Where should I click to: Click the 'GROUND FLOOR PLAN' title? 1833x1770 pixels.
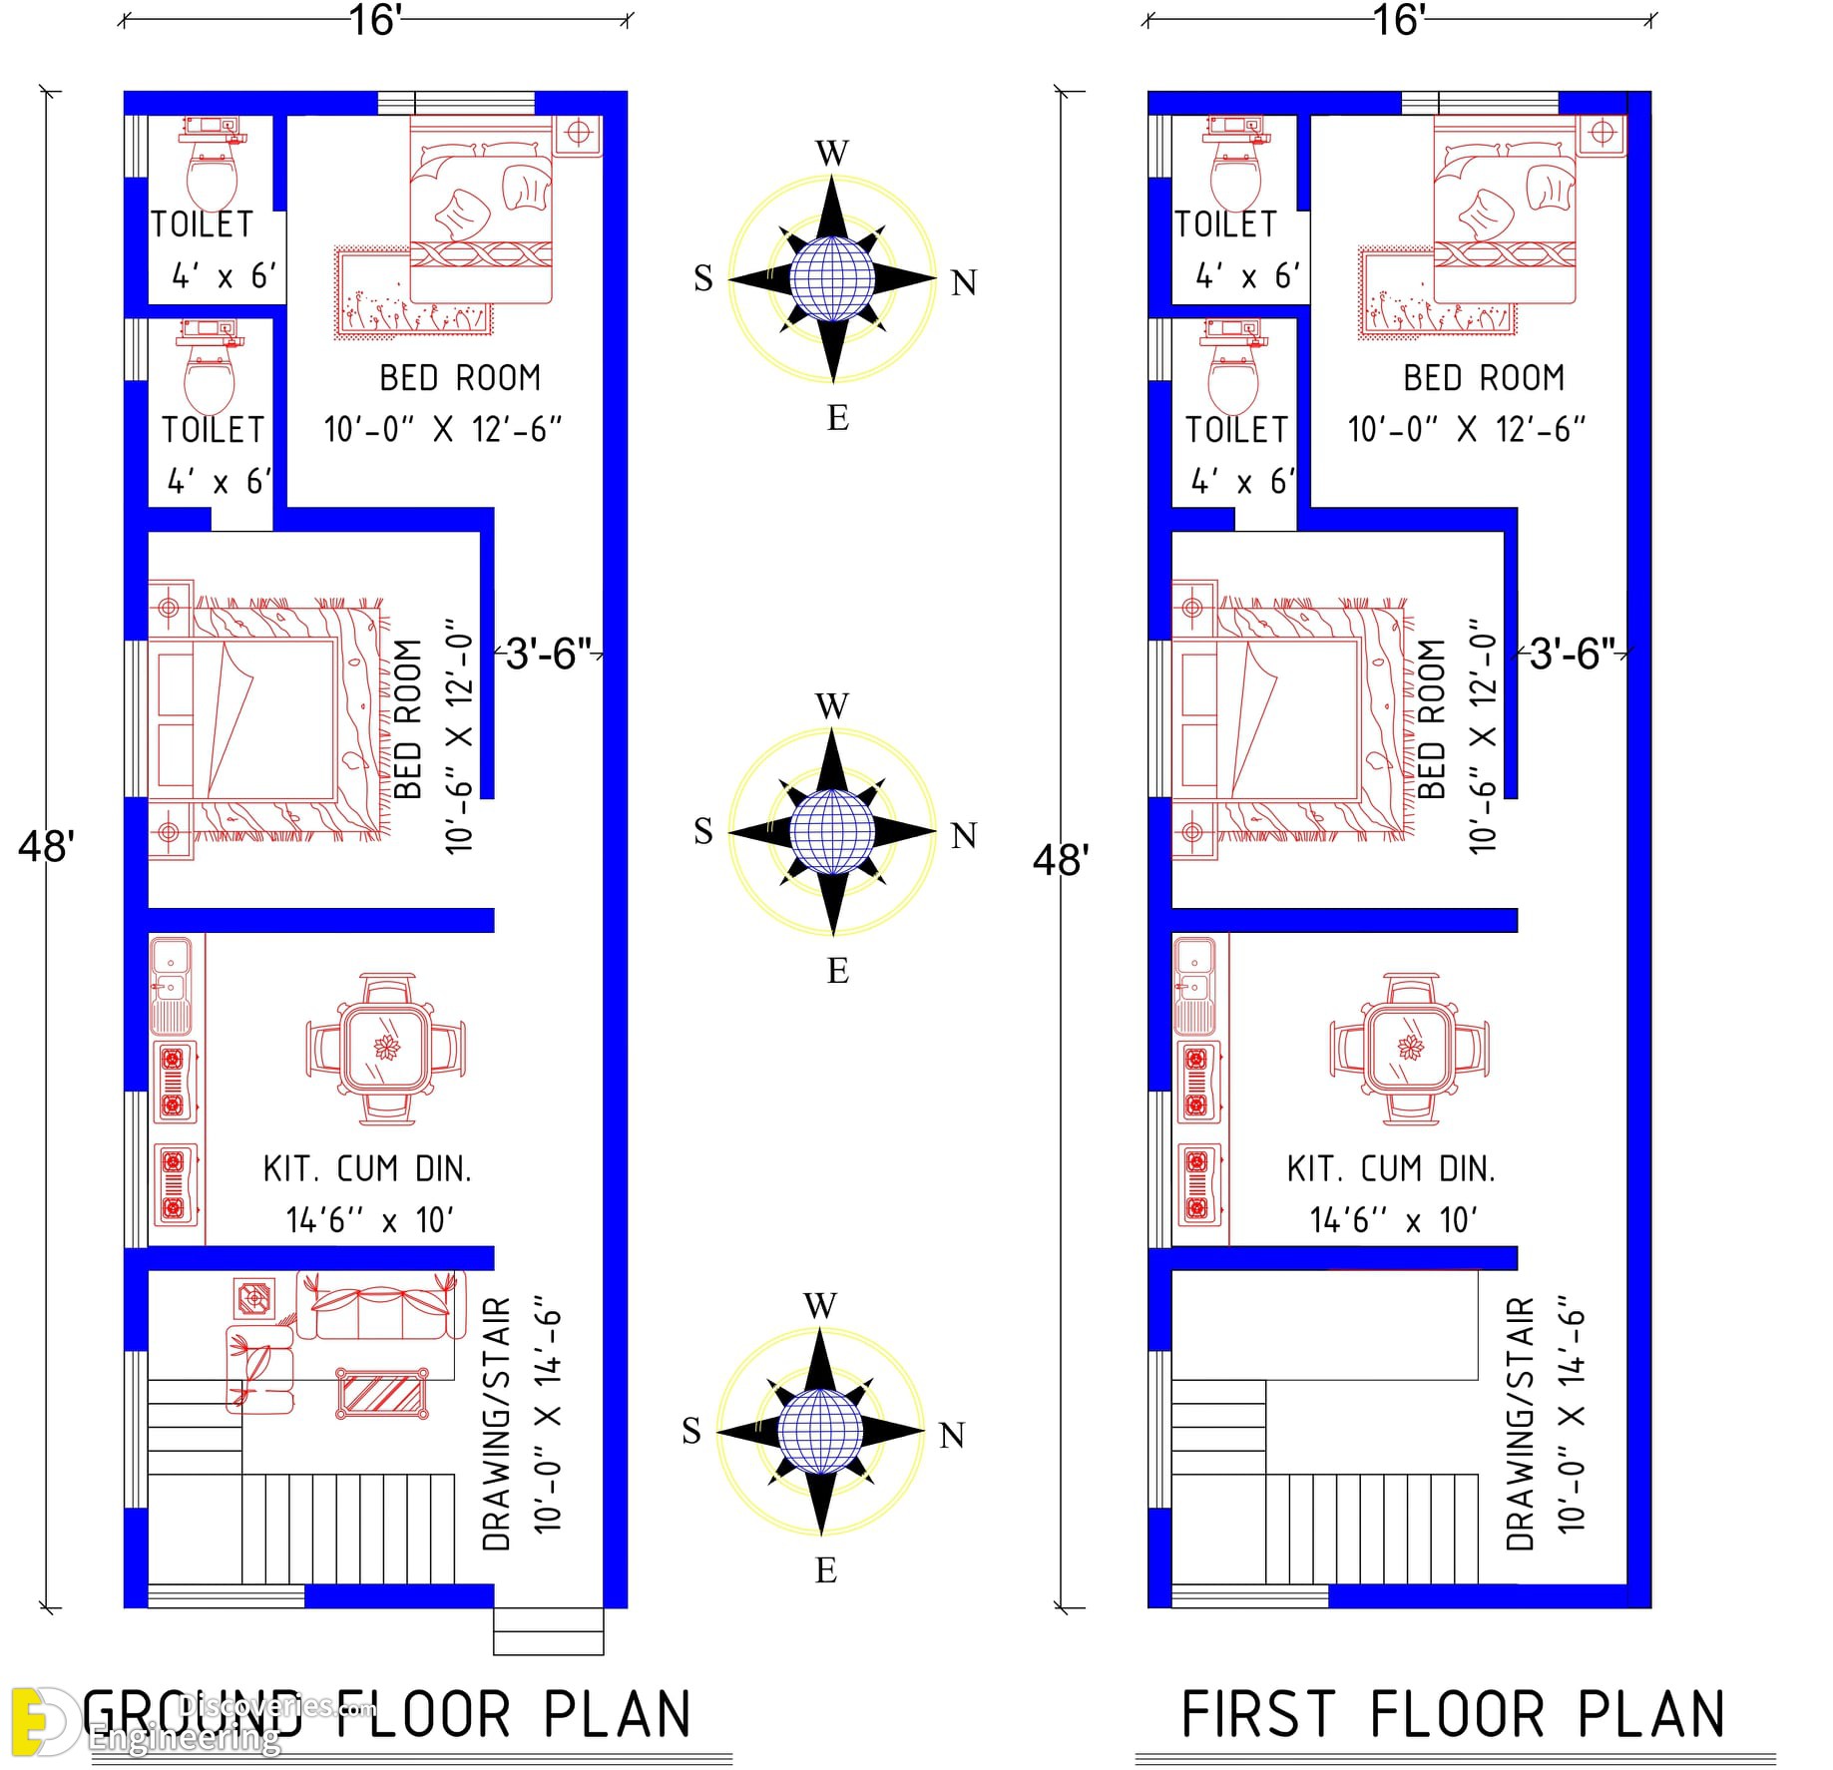pyautogui.click(x=387, y=1714)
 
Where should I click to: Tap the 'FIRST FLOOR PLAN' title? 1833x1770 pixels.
pyautogui.click(x=1453, y=1714)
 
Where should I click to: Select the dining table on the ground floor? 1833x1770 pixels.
pyautogui.click(x=385, y=1049)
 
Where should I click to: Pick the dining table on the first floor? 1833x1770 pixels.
pyautogui.click(x=1409, y=1049)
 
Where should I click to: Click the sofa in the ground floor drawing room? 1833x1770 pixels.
pyautogui.click(x=381, y=1304)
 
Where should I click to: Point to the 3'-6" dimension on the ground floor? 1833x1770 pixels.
pyautogui.click(x=549, y=655)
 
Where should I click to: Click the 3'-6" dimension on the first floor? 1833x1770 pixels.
pyautogui.click(x=1573, y=655)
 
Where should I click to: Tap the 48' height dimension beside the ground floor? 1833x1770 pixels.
pyautogui.click(x=46, y=846)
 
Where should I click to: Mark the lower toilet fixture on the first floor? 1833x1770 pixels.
pyautogui.click(x=1235, y=367)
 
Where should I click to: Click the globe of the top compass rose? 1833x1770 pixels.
pyautogui.click(x=832, y=278)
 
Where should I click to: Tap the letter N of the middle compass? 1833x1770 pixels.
pyautogui.click(x=963, y=835)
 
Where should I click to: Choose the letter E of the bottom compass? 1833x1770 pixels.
pyautogui.click(x=825, y=1569)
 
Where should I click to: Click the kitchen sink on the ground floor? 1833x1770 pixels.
pyautogui.click(x=171, y=984)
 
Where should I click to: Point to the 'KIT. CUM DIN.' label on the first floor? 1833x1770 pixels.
pyautogui.click(x=1391, y=1168)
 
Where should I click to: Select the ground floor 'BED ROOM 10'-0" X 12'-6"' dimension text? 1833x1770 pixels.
pyautogui.click(x=443, y=429)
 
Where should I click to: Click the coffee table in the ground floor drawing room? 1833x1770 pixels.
pyautogui.click(x=382, y=1393)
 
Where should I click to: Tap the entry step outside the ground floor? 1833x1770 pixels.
pyautogui.click(x=549, y=1631)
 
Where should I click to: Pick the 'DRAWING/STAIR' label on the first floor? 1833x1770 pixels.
pyautogui.click(x=1521, y=1424)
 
